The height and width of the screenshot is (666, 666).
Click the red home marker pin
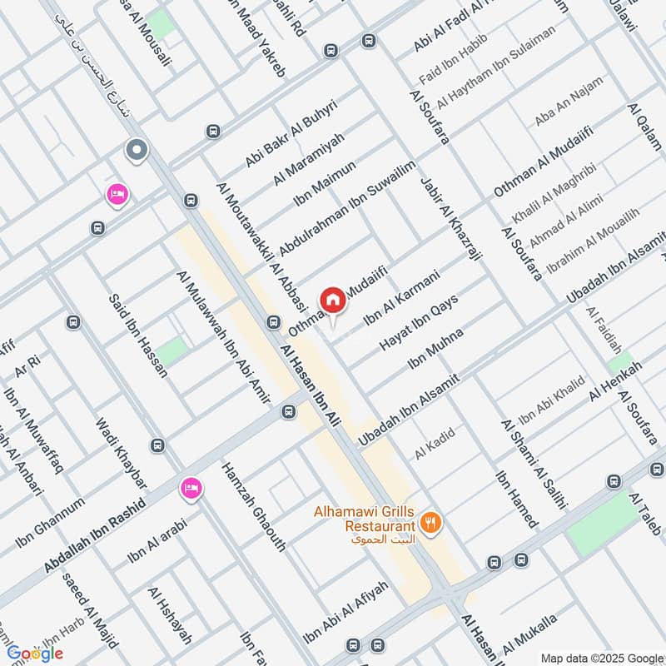pyautogui.click(x=333, y=300)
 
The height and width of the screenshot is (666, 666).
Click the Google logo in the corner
pyautogui.click(x=35, y=654)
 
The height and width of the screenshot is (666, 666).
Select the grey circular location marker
pyautogui.click(x=136, y=151)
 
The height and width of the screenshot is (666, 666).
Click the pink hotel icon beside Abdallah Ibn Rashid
pyautogui.click(x=190, y=488)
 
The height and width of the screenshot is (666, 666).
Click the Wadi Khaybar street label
pyautogui.click(x=122, y=454)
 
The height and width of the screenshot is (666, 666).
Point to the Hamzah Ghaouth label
pyautogui.click(x=253, y=507)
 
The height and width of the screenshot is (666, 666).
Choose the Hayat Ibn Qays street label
pyautogui.click(x=419, y=321)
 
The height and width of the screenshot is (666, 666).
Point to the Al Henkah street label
pyautogui.click(x=616, y=382)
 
